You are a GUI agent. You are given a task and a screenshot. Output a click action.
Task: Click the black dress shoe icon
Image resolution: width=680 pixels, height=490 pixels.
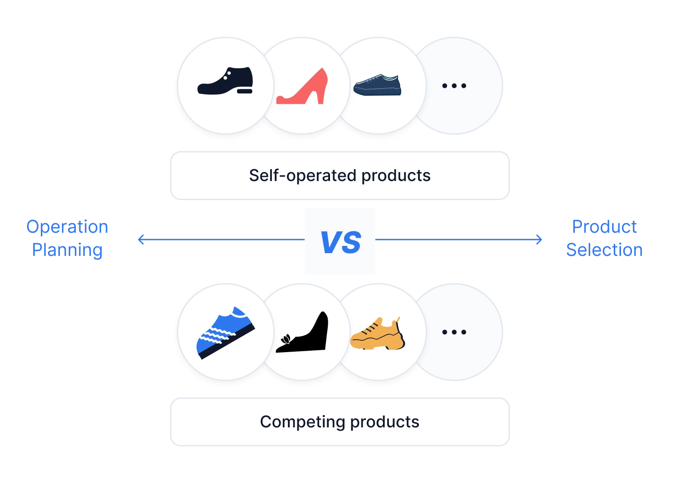pyautogui.click(x=225, y=81)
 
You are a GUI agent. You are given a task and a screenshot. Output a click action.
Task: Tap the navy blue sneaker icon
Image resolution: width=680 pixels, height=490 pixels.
pyautogui.click(x=377, y=85)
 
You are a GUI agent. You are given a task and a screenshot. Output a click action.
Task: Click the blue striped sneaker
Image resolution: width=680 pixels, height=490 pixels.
pyautogui.click(x=226, y=333)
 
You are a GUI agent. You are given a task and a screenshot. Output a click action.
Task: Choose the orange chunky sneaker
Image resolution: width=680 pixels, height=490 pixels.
pyautogui.click(x=377, y=333)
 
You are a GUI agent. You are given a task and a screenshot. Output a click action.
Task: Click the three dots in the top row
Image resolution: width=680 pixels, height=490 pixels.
pyautogui.click(x=454, y=86)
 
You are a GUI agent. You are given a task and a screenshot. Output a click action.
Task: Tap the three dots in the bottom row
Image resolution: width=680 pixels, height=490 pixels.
pyautogui.click(x=454, y=332)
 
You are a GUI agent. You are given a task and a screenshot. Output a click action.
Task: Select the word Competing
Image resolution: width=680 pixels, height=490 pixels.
pyautogui.click(x=302, y=422)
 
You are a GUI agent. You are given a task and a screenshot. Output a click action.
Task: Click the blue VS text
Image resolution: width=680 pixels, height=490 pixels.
pyautogui.click(x=340, y=242)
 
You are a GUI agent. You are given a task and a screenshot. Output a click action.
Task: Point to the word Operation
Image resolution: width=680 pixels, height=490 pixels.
pyautogui.click(x=67, y=227)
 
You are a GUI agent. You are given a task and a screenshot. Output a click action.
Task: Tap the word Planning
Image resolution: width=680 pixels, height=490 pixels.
pyautogui.click(x=67, y=250)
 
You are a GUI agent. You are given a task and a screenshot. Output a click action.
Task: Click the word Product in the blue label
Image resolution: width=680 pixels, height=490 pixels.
pyautogui.click(x=604, y=226)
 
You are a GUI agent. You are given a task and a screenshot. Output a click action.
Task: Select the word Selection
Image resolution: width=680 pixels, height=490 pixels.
pyautogui.click(x=604, y=250)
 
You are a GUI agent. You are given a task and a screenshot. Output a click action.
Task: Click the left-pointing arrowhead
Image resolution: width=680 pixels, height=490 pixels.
pyautogui.click(x=141, y=240)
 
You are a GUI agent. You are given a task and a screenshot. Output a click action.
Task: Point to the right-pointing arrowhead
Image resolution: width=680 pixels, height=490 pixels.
pyautogui.click(x=539, y=240)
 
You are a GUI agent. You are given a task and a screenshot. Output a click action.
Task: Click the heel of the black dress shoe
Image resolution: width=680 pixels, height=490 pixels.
pyautogui.click(x=245, y=91)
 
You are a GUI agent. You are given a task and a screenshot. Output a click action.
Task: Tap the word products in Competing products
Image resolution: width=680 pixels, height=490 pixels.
pyautogui.click(x=384, y=422)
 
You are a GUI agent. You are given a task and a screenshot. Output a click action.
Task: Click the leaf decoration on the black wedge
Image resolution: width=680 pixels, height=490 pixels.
pyautogui.click(x=286, y=339)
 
